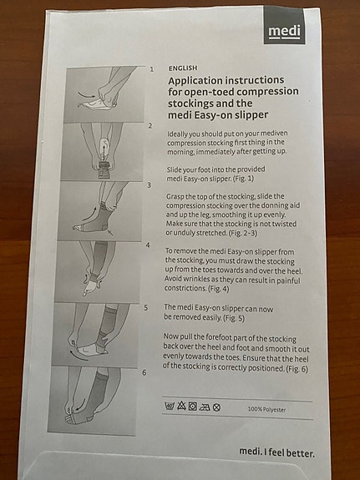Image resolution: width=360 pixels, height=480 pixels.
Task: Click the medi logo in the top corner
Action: (284, 25)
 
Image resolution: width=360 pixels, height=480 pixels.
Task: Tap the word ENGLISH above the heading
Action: (183, 68)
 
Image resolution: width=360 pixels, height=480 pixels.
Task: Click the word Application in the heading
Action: (195, 81)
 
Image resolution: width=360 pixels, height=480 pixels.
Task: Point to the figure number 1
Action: (152, 69)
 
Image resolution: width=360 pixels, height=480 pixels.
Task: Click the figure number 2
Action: (150, 126)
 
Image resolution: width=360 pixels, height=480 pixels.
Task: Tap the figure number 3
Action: (150, 185)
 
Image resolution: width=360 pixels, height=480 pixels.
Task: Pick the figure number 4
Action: (148, 245)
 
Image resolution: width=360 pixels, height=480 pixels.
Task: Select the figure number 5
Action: (146, 308)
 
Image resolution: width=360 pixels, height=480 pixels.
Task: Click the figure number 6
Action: (145, 372)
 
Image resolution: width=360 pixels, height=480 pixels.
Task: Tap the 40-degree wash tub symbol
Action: (170, 406)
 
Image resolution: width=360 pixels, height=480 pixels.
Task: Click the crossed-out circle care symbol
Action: (216, 407)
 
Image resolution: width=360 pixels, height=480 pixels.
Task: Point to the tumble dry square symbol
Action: (193, 407)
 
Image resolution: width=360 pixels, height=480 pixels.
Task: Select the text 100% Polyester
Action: (266, 409)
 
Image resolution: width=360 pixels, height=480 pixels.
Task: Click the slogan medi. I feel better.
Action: (276, 452)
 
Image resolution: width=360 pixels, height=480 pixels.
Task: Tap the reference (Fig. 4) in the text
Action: (219, 289)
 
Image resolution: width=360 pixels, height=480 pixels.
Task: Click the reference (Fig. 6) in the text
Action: (297, 369)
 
